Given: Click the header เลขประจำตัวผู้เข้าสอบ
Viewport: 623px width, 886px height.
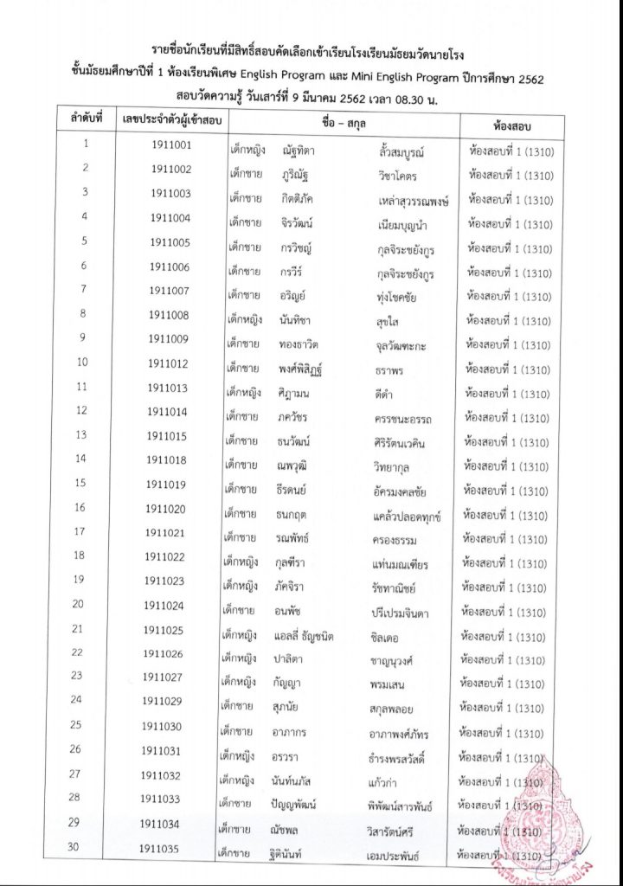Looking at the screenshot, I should [171, 119].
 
